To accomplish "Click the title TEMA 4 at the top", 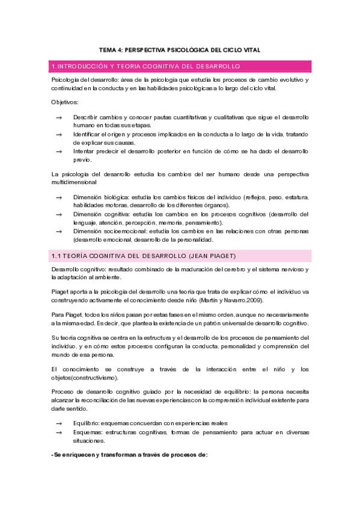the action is click(180, 51).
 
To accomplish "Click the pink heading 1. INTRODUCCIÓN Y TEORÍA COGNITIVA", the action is click(146, 66).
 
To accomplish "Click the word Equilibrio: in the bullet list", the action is click(86, 423).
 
